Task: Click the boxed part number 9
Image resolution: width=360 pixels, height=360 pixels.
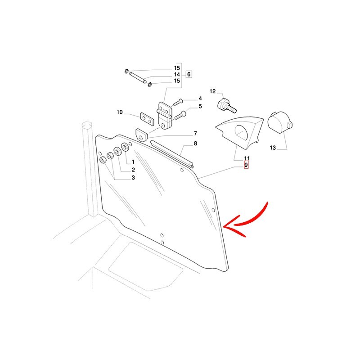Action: point(246,165)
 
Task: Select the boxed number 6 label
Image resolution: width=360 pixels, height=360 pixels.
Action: point(189,74)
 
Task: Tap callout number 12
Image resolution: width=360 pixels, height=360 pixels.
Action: point(212,91)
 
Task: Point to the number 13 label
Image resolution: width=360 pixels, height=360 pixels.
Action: point(273,148)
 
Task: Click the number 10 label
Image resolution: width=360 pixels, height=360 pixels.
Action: point(120,112)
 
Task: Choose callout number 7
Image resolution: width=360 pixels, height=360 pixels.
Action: point(195,133)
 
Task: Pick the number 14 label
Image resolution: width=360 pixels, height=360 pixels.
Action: point(177,74)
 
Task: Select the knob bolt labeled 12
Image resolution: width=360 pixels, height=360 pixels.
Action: point(226,106)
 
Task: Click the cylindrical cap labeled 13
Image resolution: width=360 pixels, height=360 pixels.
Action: point(280,122)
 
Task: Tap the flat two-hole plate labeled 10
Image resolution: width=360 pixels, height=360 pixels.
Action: point(147,119)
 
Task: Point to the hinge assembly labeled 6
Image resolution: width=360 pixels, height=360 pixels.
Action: point(164,116)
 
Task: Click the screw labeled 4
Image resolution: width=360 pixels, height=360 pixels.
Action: point(178,103)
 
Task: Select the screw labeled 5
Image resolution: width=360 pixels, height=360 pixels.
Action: point(180,115)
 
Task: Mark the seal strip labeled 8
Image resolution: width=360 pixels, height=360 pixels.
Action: point(172,155)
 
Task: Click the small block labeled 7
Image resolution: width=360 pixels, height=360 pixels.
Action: point(141,135)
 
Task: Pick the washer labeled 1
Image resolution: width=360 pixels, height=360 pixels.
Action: point(125,147)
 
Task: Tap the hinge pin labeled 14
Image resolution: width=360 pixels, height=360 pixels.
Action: point(138,77)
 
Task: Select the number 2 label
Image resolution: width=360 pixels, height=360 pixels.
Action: point(133,170)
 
